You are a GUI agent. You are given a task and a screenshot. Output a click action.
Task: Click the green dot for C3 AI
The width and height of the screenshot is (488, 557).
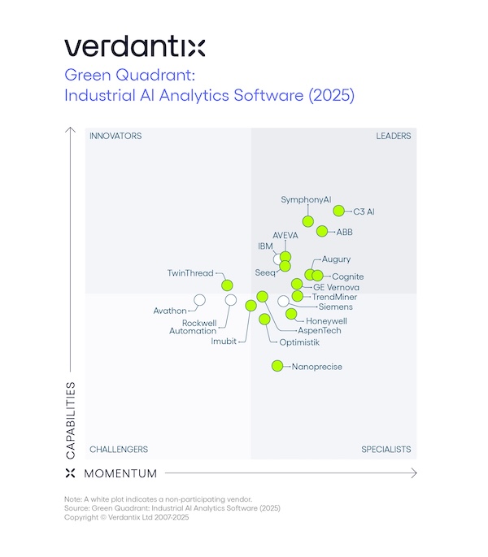(339, 211)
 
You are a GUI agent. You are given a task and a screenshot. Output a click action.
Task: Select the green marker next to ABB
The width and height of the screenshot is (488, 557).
(322, 231)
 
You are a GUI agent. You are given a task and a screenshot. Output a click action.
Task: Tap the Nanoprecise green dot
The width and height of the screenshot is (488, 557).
(277, 366)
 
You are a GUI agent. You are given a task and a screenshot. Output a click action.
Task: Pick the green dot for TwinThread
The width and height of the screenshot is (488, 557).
(228, 285)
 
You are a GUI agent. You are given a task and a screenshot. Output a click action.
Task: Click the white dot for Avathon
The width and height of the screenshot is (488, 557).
(199, 300)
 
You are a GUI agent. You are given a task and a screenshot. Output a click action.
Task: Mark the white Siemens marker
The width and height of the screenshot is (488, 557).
(283, 301)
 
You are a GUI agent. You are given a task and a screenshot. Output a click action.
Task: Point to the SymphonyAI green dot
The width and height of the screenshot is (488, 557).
(308, 221)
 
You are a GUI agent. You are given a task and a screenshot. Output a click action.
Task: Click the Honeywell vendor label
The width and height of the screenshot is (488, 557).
(326, 321)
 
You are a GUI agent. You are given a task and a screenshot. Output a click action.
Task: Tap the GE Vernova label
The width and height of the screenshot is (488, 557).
(336, 287)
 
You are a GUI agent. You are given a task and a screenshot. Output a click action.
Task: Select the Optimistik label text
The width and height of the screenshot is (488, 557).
(299, 342)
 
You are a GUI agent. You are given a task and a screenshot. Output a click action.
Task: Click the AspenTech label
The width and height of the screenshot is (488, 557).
(320, 331)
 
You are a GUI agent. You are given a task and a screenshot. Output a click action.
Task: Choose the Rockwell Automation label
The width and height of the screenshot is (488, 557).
(194, 327)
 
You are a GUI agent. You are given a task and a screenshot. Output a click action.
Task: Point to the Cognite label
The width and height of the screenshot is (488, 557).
(348, 277)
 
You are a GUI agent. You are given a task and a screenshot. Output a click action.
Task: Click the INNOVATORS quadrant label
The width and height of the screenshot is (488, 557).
(115, 136)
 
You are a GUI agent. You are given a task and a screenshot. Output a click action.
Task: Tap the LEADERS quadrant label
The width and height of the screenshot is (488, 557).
(393, 136)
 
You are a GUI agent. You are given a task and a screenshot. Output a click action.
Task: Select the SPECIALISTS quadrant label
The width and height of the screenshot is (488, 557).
(386, 450)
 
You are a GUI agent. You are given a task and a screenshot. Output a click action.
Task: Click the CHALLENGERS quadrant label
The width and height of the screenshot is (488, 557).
(119, 450)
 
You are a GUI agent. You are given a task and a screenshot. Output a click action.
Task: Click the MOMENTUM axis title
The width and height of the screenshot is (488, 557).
(121, 473)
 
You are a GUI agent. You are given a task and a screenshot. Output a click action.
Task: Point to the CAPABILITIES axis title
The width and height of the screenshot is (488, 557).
(71, 420)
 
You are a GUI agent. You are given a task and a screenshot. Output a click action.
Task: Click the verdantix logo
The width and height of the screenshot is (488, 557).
(134, 46)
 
